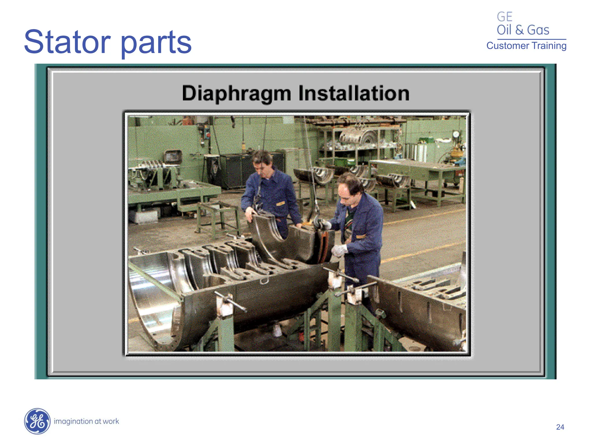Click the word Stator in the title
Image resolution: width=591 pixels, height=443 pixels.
[x=67, y=42]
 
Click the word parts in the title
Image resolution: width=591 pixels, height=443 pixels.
[x=156, y=43]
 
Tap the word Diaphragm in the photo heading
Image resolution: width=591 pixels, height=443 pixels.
[x=236, y=93]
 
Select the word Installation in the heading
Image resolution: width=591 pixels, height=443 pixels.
[x=354, y=93]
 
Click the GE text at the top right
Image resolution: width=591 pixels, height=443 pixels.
[x=504, y=17]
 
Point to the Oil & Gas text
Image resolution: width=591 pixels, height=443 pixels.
[x=523, y=30]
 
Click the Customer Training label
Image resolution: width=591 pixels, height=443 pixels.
[x=526, y=46]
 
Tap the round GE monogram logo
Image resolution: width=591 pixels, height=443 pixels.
[x=37, y=421]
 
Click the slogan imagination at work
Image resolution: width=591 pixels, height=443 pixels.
[x=86, y=421]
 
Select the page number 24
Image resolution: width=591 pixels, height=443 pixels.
[x=560, y=427]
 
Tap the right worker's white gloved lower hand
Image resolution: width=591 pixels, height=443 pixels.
[x=338, y=250]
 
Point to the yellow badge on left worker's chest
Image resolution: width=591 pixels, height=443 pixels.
[x=280, y=204]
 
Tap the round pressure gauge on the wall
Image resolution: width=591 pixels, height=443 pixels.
[x=456, y=134]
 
